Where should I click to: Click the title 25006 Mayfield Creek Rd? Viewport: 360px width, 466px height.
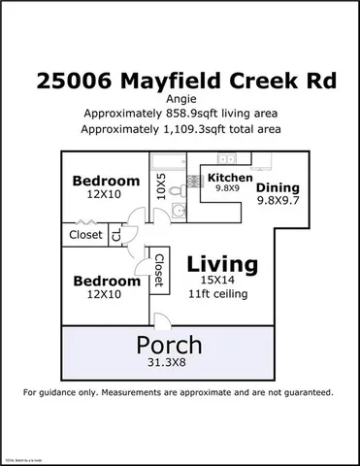pos(180,81)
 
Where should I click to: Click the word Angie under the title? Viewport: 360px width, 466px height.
pos(180,99)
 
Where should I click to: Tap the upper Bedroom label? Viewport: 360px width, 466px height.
pos(107,181)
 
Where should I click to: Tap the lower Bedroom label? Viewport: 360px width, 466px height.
pos(107,282)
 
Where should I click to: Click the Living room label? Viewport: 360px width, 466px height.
pos(222,263)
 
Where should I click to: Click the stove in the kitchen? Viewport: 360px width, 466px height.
pos(224,159)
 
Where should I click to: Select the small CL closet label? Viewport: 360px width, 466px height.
pos(117,234)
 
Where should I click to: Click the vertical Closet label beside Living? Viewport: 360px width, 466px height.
pos(158,270)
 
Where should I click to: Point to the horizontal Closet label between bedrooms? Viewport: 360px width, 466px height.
pos(86,234)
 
